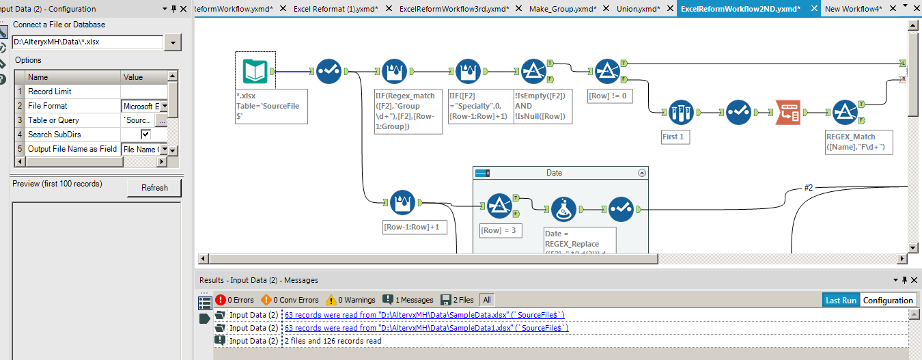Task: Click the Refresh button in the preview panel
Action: [x=154, y=188]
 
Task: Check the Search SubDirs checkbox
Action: [x=145, y=135]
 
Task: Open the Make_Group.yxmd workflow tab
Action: [x=562, y=9]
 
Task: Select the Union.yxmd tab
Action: [x=638, y=9]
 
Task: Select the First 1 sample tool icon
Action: [x=682, y=113]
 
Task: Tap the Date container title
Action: [x=554, y=173]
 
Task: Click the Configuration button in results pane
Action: [x=887, y=301]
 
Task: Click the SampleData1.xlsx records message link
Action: [x=426, y=328]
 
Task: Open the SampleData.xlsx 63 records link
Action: [x=424, y=315]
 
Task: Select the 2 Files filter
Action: [x=457, y=300]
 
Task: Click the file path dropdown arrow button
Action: [x=173, y=42]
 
